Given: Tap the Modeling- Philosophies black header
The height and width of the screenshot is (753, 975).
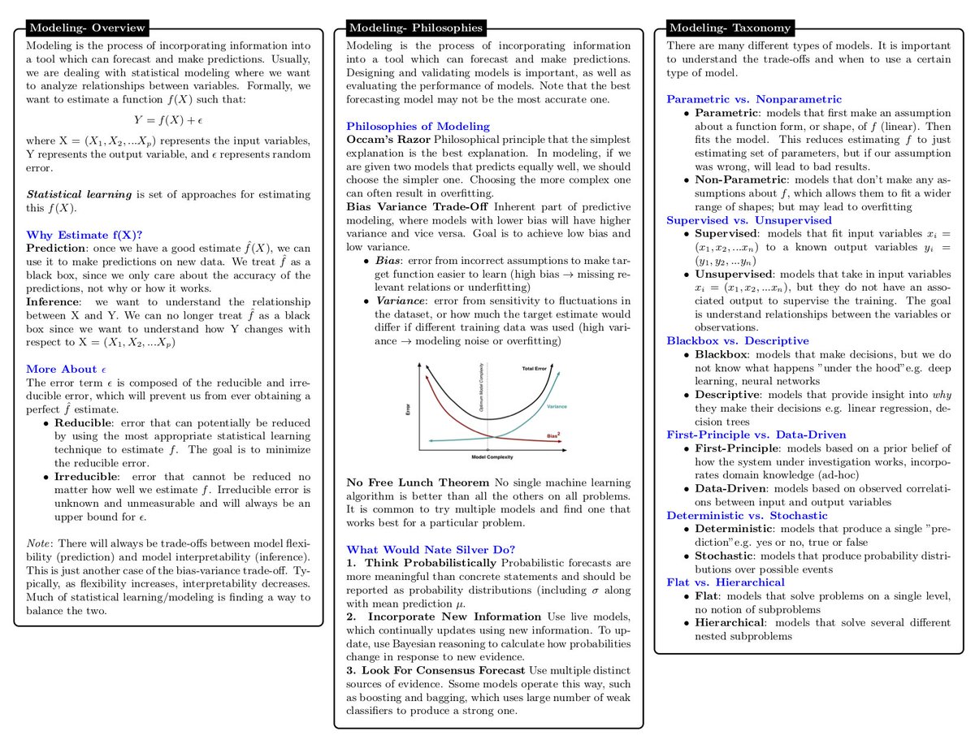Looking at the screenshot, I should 404,27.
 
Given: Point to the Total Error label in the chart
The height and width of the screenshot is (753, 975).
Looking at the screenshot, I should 533,369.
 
